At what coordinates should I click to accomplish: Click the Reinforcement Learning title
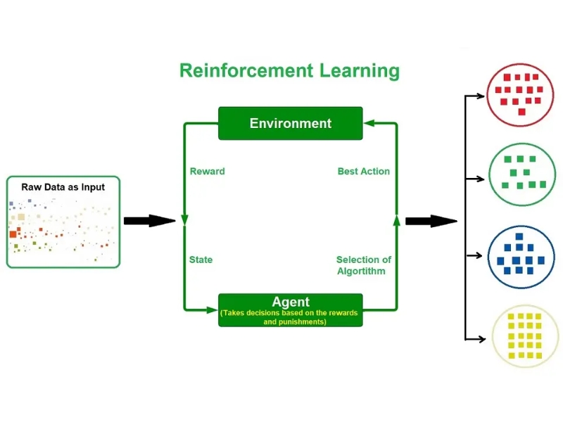(x=289, y=71)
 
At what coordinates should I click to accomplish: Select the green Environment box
(x=290, y=123)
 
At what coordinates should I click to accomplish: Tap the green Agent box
(x=290, y=310)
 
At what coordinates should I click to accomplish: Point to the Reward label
(x=208, y=171)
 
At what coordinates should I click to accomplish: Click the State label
(x=201, y=260)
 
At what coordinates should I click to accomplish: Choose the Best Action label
(x=363, y=171)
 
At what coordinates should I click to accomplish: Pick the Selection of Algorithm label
(x=363, y=265)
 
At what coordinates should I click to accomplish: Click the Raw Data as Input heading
(x=63, y=187)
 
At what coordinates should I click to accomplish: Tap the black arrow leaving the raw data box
(x=148, y=221)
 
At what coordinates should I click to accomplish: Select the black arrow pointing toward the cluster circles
(x=431, y=221)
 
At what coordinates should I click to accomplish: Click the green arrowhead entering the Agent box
(x=212, y=309)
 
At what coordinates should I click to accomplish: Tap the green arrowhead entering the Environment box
(x=369, y=123)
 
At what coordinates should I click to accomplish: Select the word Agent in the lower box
(x=290, y=302)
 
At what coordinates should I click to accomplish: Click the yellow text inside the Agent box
(x=290, y=317)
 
